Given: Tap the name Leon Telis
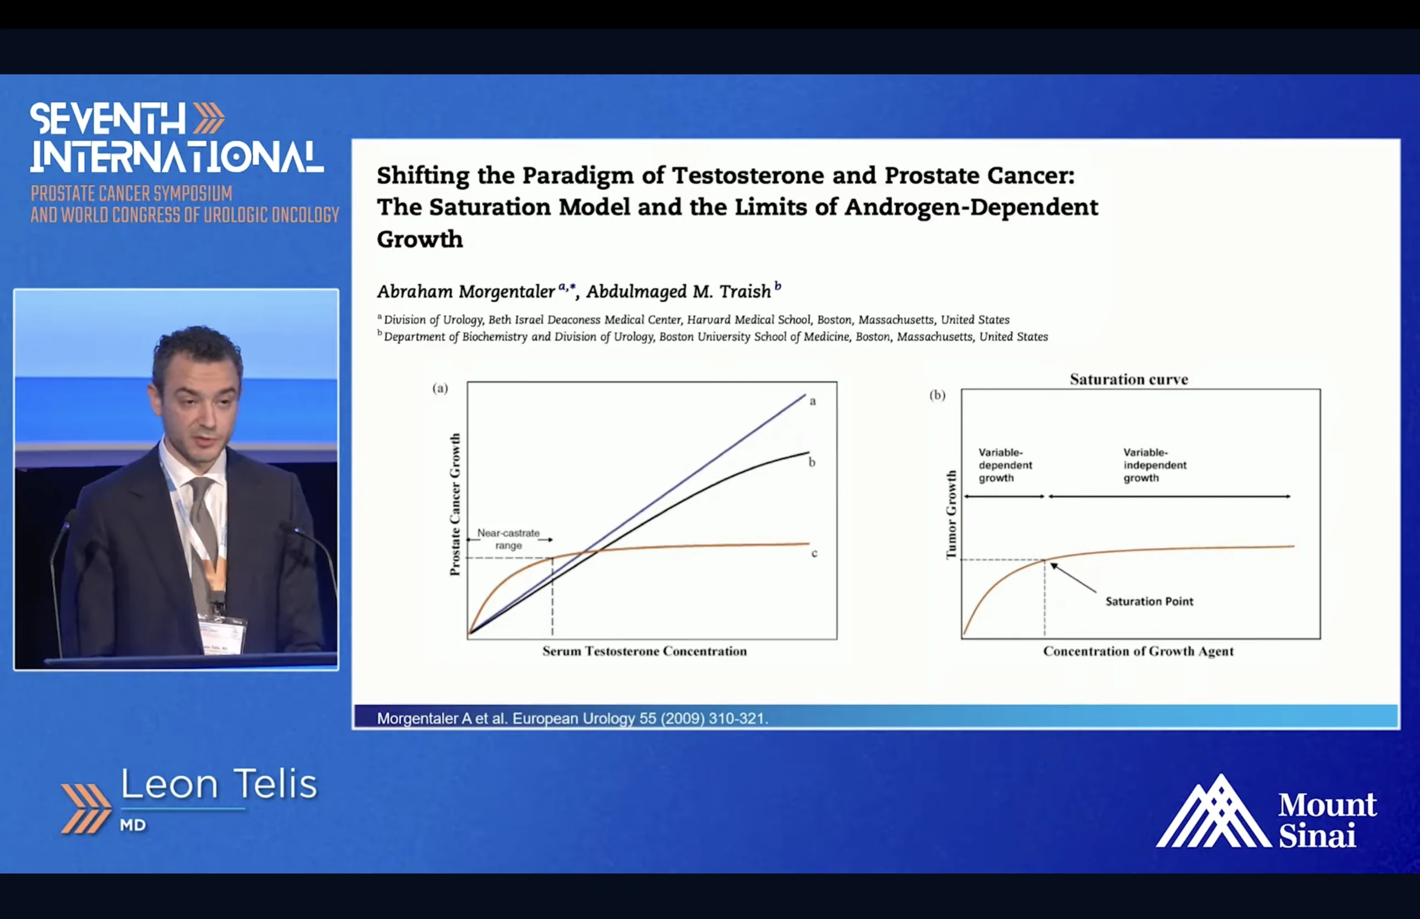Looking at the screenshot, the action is click(219, 784).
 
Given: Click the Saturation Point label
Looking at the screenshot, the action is click(1149, 602).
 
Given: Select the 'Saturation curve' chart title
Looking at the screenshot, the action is click(1128, 380).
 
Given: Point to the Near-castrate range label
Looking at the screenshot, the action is click(508, 539).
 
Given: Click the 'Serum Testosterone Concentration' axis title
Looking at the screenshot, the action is click(644, 651).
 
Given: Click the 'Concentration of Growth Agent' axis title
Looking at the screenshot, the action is click(1138, 652).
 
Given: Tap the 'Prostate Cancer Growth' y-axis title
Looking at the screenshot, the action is click(455, 504).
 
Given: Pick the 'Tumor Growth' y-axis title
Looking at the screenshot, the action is click(951, 514).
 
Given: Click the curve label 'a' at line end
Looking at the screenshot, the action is click(812, 402).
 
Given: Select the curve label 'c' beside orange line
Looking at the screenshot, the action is click(814, 553).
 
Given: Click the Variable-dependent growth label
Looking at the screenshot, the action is click(1005, 466).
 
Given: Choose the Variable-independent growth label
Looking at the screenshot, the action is click(1155, 466).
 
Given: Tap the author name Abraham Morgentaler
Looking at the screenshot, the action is click(466, 292).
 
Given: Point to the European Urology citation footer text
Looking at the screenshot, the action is click(572, 719).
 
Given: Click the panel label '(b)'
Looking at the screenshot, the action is click(937, 395).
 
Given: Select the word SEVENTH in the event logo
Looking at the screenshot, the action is click(108, 119).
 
